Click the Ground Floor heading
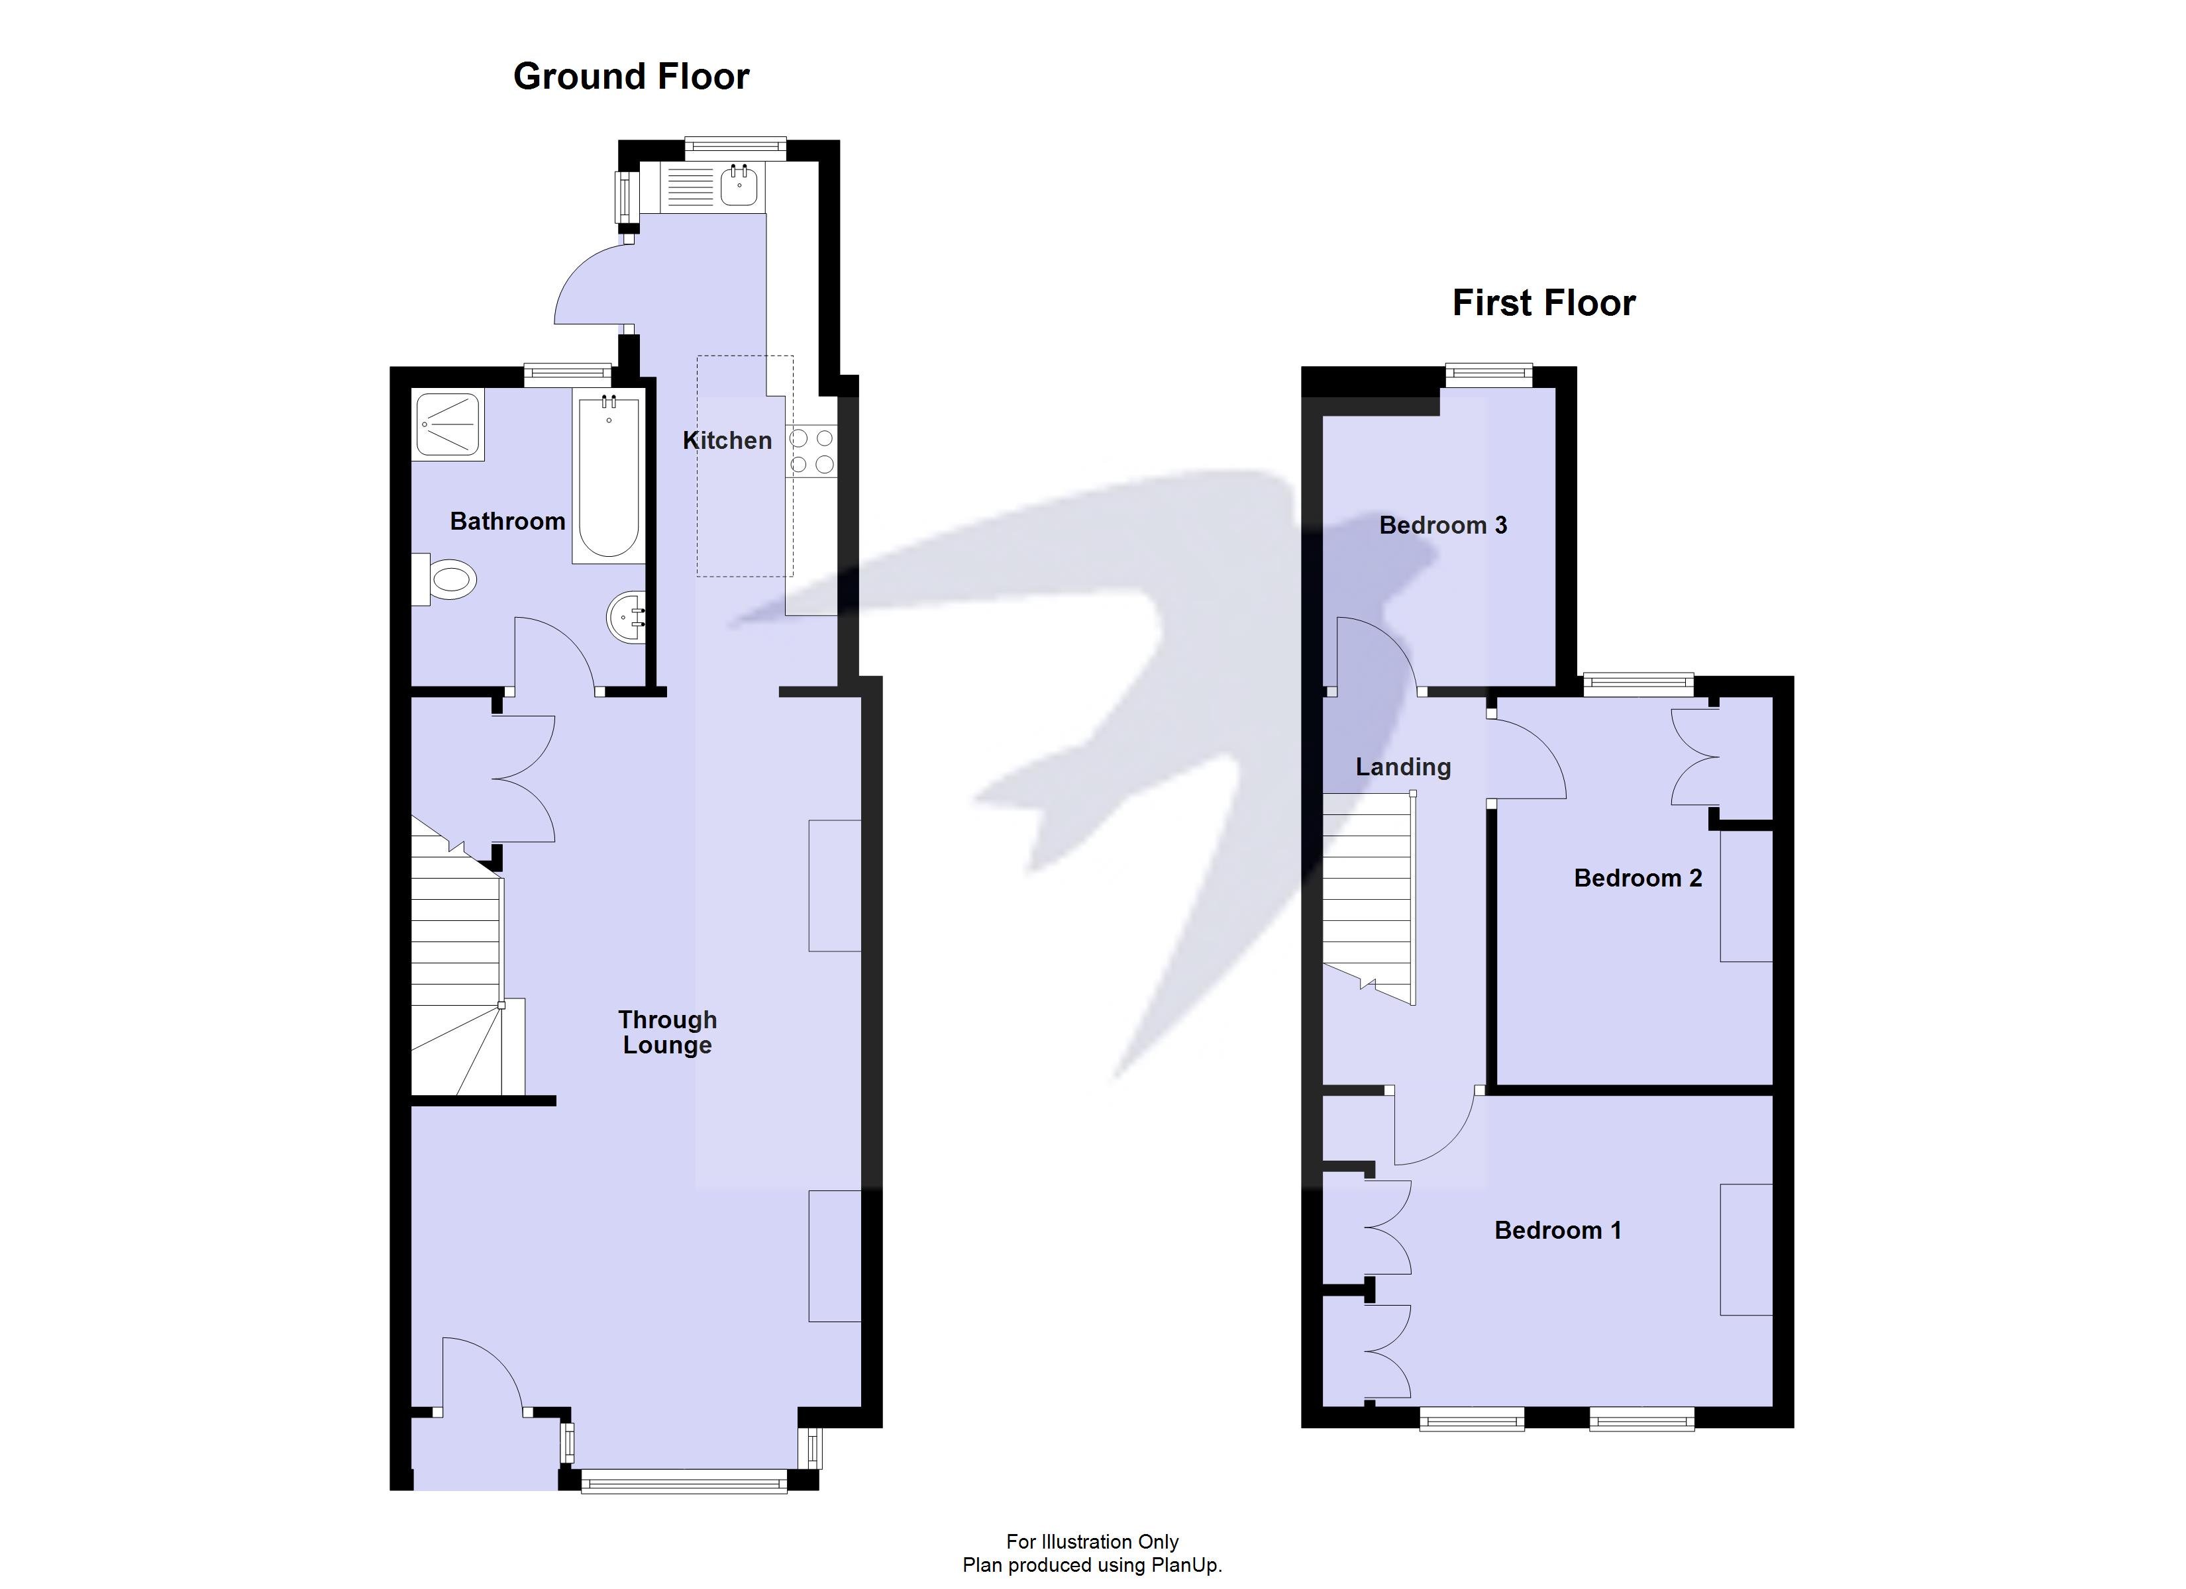pos(631,76)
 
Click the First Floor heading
pos(1543,303)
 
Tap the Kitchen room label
pos(727,440)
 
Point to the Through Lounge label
pos(667,1032)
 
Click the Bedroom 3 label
pos(1443,525)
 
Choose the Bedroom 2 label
pos(1638,878)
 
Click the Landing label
pos(1402,767)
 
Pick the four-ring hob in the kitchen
pos(811,451)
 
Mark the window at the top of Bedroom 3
pos(1487,376)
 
